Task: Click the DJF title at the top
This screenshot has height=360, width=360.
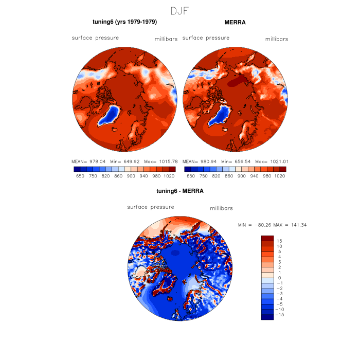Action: [180, 10]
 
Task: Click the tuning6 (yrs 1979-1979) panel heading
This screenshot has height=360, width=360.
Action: [124, 22]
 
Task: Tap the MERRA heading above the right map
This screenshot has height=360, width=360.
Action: [235, 23]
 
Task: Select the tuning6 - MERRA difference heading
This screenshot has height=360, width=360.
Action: [180, 191]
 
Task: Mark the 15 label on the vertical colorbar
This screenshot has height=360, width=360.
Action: [279, 241]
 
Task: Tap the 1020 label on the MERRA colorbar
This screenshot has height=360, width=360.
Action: [280, 176]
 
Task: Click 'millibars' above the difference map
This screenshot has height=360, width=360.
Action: [222, 208]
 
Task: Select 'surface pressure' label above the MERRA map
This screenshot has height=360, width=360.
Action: [206, 38]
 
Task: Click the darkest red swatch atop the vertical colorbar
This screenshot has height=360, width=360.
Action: [267, 238]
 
